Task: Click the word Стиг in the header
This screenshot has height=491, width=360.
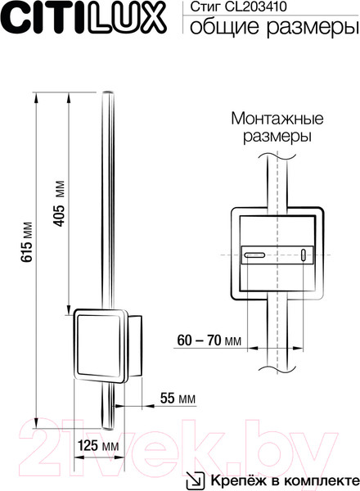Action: click(203, 7)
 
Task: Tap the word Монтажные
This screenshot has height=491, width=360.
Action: click(271, 118)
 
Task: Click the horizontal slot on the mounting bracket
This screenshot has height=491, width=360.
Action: click(256, 255)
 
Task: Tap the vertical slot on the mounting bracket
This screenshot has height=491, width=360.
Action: click(305, 255)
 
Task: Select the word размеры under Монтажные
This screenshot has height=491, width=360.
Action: click(271, 136)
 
